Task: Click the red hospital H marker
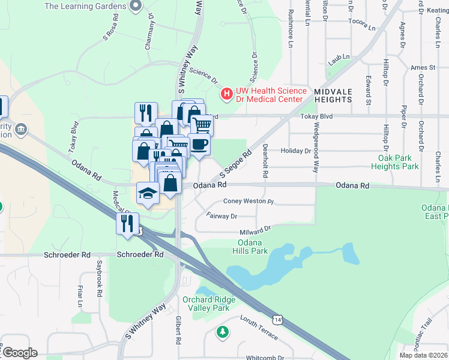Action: tap(227, 94)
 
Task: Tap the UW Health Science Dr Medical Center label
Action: tap(271, 94)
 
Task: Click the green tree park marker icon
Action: tap(223, 331)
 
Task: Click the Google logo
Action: tap(19, 353)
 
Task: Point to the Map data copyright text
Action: tap(423, 355)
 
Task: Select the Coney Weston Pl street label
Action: tap(248, 202)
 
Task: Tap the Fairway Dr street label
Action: tap(221, 215)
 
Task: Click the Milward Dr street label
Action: tap(256, 229)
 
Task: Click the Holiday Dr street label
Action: tap(295, 151)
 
